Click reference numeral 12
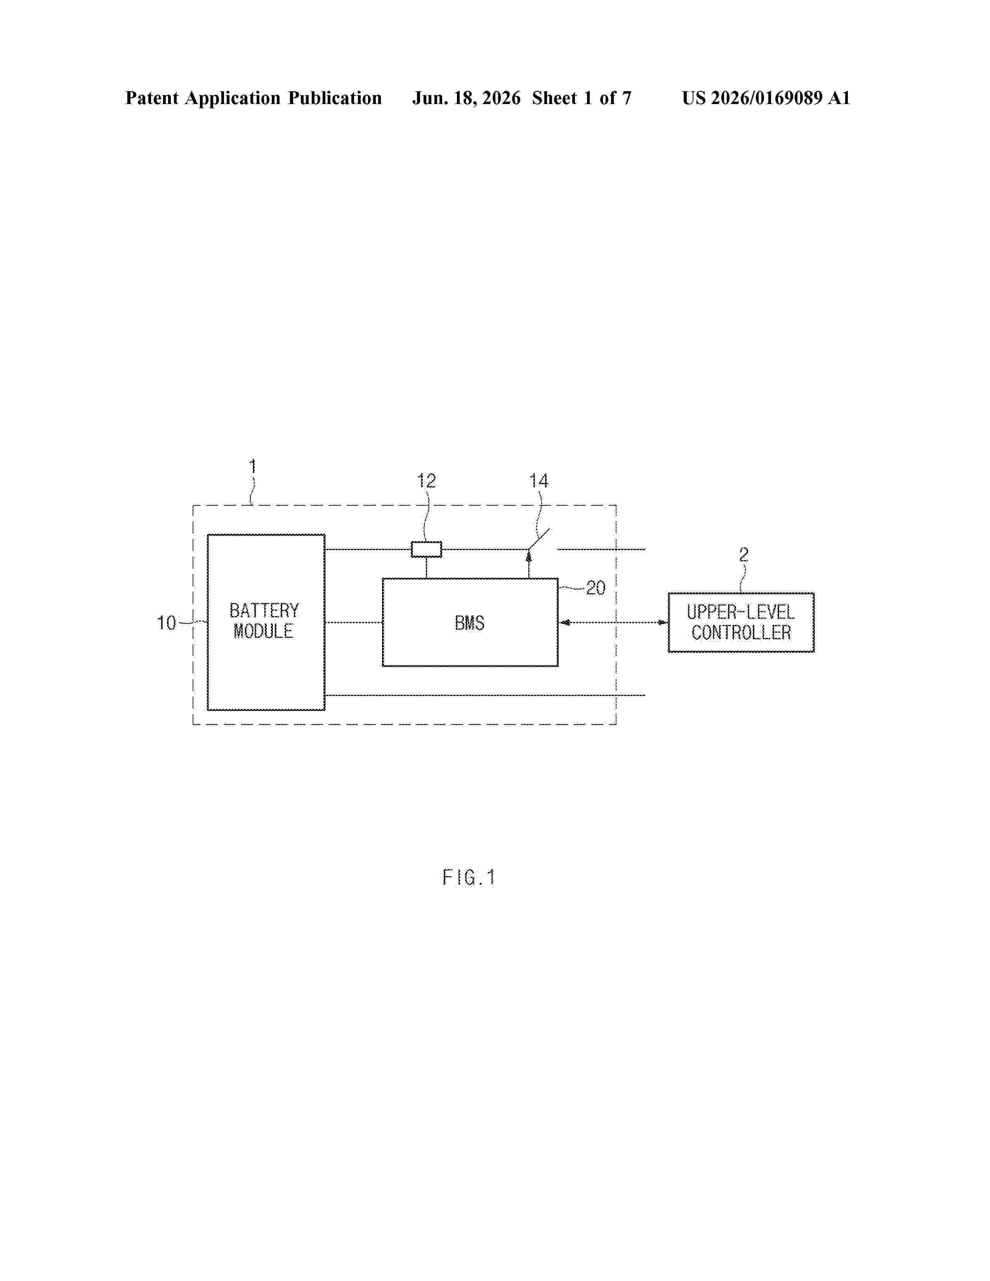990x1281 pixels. coord(426,481)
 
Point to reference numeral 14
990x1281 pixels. coord(538,481)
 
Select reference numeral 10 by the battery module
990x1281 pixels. coord(166,623)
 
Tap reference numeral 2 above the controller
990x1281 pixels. coord(744,554)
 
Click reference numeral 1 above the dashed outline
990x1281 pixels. coord(253,467)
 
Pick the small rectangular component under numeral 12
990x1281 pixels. coord(426,550)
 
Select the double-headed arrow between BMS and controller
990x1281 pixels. coord(613,622)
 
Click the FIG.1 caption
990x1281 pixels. coord(469,877)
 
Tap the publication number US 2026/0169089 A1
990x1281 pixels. coord(766,98)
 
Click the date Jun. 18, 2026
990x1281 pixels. coord(466,98)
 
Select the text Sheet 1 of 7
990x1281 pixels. coord(582,98)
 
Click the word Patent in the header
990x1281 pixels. coord(152,98)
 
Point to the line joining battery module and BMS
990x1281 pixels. coord(354,622)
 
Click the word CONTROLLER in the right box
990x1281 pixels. coord(741,632)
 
